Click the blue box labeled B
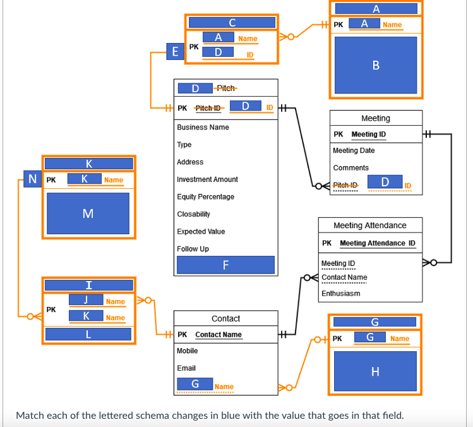(376, 65)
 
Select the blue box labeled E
(175, 51)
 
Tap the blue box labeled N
(32, 179)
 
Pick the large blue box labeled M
(88, 213)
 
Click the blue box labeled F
(225, 265)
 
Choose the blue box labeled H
(375, 371)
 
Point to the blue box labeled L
(88, 334)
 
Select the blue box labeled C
(232, 23)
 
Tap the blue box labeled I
(88, 285)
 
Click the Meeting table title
(376, 118)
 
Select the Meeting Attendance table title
(370, 226)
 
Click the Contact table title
(225, 318)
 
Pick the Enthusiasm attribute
(340, 293)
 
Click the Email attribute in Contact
(186, 368)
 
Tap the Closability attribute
(193, 214)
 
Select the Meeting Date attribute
(354, 150)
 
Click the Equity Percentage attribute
(205, 197)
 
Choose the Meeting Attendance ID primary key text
(377, 243)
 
